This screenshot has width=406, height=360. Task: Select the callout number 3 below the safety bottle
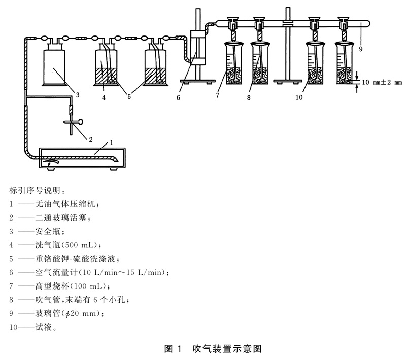[x=77, y=94]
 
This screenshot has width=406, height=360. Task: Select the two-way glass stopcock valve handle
[x=71, y=121]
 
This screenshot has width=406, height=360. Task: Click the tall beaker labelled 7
[x=234, y=65]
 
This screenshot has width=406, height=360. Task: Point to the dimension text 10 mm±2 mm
[x=381, y=81]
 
